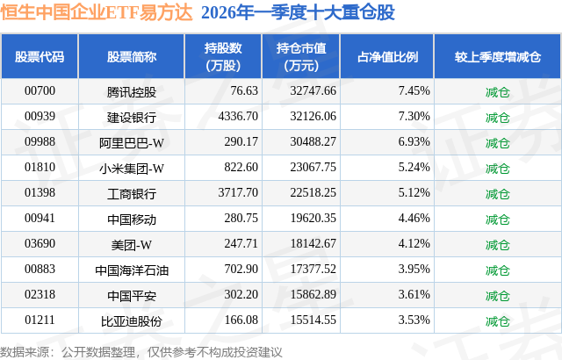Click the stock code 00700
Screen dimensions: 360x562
tap(40, 90)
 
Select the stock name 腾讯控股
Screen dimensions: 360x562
tap(131, 90)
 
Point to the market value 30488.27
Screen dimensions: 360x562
tap(306, 141)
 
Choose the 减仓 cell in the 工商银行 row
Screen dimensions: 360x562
tap(497, 192)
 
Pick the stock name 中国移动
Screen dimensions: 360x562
tap(131, 218)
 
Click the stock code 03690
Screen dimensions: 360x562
tap(40, 243)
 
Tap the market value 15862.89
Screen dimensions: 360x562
tap(306, 294)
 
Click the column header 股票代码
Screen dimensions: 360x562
tap(40, 57)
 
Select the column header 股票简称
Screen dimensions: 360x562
tap(131, 57)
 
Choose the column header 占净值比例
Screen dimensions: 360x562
tap(387, 57)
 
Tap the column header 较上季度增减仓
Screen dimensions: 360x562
tap(497, 57)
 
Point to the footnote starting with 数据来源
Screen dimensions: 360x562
tap(141, 350)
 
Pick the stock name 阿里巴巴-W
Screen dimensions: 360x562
tap(131, 141)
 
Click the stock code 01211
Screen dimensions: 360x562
tap(40, 320)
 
